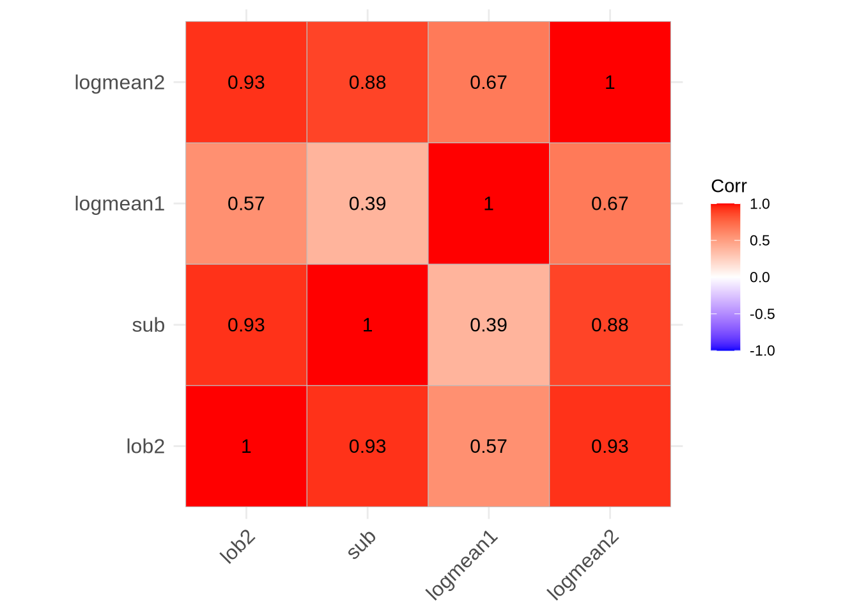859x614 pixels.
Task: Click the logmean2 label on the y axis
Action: [x=120, y=83]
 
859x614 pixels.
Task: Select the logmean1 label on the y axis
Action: [x=120, y=204]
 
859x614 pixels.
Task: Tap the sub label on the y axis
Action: [x=148, y=325]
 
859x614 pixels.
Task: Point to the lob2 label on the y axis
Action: [x=146, y=446]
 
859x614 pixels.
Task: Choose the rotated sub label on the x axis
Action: [x=362, y=545]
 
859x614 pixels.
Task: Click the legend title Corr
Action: [x=729, y=186]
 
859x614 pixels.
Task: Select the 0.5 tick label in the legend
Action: [x=760, y=241]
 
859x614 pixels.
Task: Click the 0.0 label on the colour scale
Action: [x=760, y=278]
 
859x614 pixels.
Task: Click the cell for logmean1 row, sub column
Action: [x=368, y=203]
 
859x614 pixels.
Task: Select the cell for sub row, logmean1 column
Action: [x=488, y=325]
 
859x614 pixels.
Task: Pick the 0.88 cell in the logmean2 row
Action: [x=368, y=83]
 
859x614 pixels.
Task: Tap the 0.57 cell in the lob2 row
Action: [x=488, y=446]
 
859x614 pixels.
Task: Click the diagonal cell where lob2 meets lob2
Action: [x=246, y=446]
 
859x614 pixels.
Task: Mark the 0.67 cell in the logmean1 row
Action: [x=610, y=203]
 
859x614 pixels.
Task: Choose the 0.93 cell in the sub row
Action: [x=246, y=325]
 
